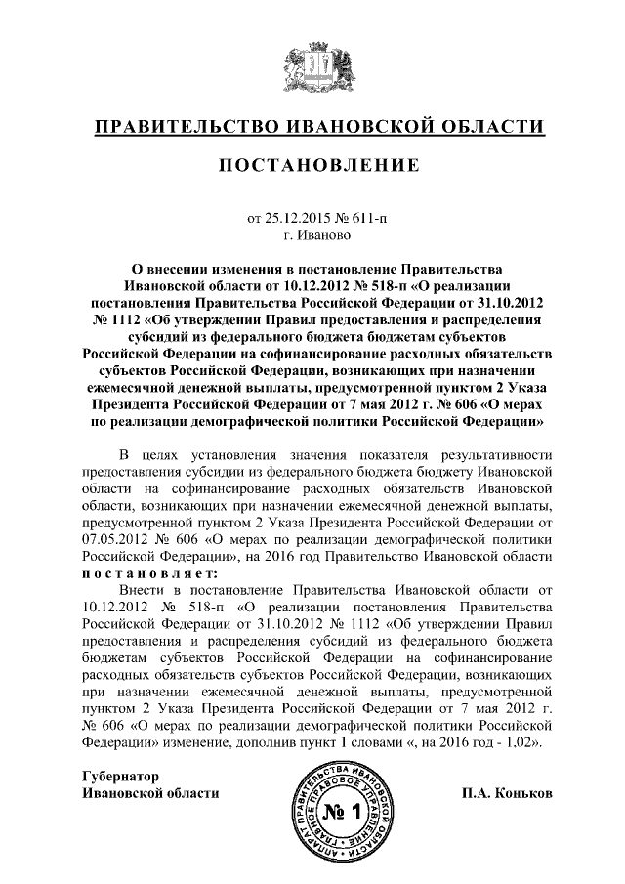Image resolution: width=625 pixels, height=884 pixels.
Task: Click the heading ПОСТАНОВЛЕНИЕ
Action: [312, 166]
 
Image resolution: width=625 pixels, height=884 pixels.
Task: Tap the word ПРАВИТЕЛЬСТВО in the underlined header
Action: [186, 126]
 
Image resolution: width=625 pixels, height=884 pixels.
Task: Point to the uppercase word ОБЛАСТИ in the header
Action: [491, 126]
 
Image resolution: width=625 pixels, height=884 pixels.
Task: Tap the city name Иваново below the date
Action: [319, 235]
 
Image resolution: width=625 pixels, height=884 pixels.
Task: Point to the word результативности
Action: [498, 455]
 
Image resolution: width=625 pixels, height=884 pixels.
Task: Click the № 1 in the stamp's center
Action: [343, 812]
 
